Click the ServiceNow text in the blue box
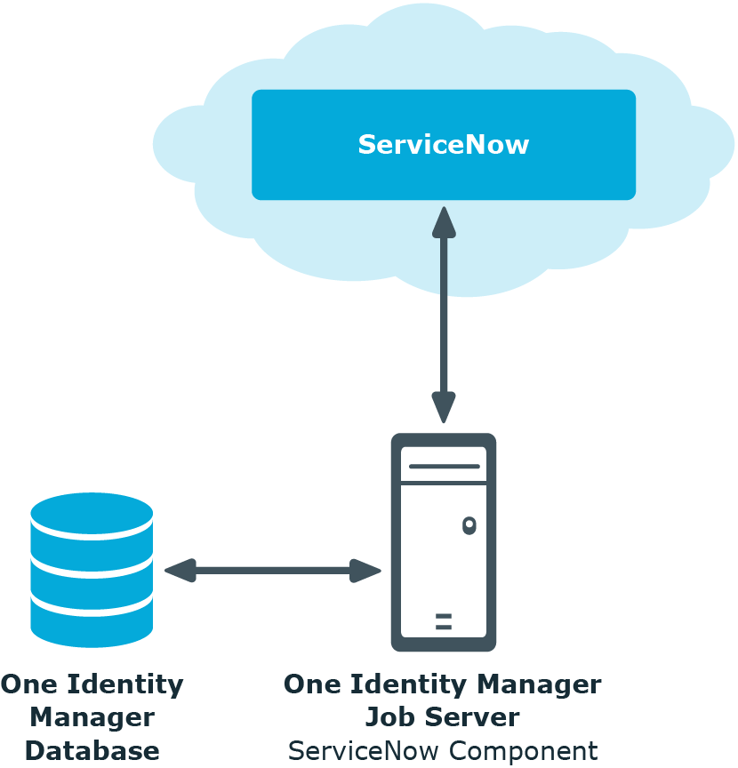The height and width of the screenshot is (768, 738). (444, 145)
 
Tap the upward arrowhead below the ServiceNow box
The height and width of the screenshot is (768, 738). (444, 223)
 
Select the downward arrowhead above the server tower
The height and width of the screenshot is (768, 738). (444, 407)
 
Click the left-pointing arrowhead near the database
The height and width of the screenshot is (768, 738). (180, 571)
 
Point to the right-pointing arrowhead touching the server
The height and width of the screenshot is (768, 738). (365, 571)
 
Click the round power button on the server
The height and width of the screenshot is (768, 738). (469, 525)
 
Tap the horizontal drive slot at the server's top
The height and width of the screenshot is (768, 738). (444, 467)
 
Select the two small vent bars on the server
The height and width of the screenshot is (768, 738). (444, 621)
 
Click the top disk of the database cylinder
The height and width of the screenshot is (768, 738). (92, 516)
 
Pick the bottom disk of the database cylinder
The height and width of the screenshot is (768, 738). (92, 621)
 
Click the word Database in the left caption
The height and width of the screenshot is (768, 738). (92, 751)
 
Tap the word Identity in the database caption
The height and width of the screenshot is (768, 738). (125, 685)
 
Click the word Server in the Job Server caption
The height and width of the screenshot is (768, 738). (472, 717)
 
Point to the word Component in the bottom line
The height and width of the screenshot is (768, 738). (524, 751)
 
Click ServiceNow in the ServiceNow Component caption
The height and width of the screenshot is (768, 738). (364, 751)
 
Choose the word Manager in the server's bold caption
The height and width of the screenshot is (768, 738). (539, 685)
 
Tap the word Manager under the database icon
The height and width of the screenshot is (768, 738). (92, 718)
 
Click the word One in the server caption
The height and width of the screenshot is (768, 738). (312, 684)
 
